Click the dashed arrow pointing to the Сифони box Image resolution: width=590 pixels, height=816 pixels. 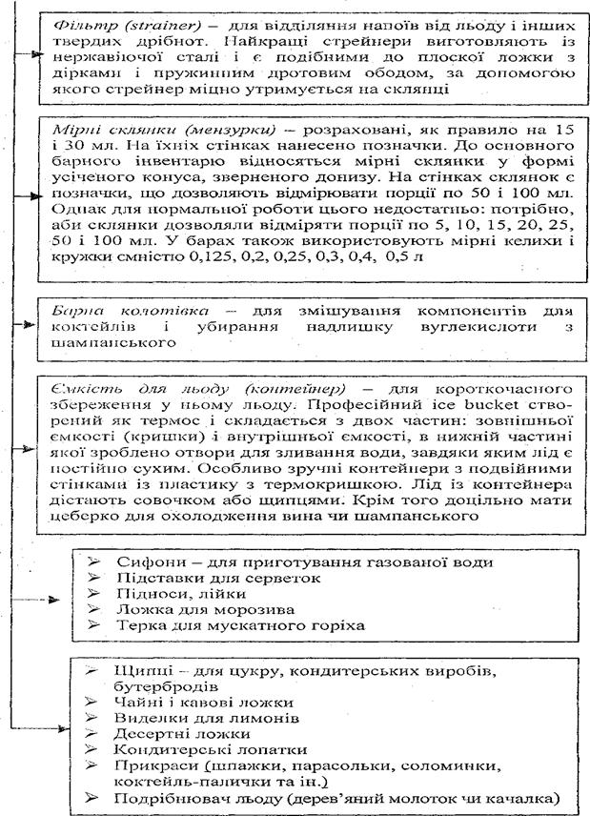coord(47,602)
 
